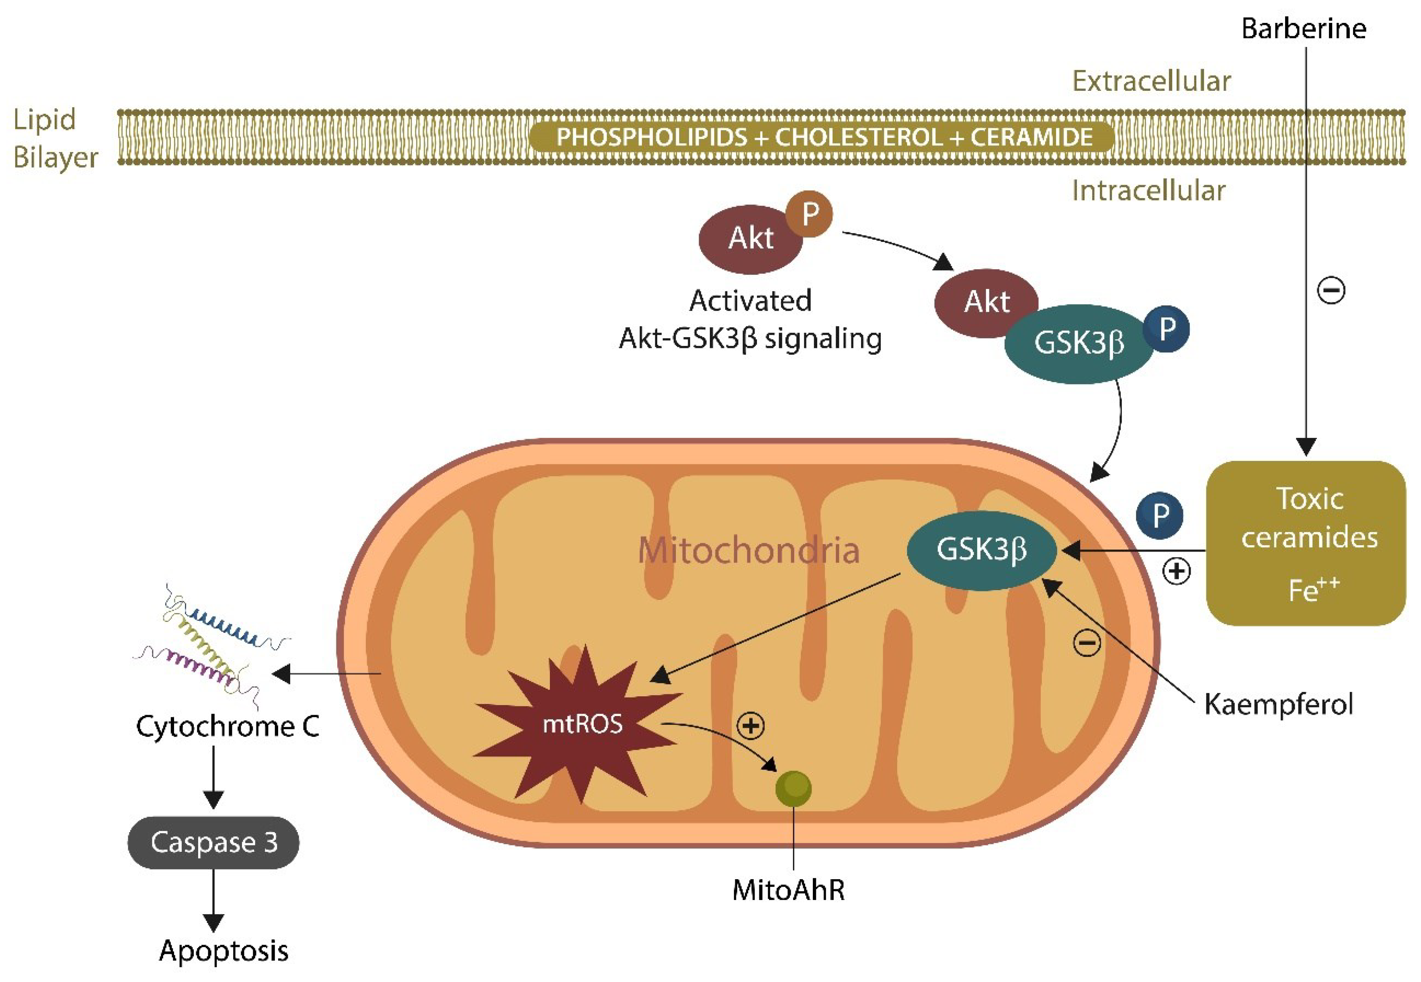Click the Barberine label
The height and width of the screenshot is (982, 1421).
pyautogui.click(x=1304, y=29)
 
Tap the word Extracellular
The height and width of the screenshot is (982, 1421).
pyautogui.click(x=1151, y=81)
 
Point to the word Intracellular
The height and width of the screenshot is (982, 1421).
pyautogui.click(x=1148, y=191)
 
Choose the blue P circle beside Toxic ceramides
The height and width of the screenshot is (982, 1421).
pyautogui.click(x=1159, y=515)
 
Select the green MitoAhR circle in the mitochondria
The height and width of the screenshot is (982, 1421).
pyautogui.click(x=793, y=788)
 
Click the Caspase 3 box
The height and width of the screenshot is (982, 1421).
pyautogui.click(x=213, y=842)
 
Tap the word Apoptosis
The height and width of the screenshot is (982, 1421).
pyautogui.click(x=224, y=951)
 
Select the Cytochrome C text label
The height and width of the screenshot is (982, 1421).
pyautogui.click(x=227, y=726)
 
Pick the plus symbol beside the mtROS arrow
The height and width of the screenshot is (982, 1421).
pyautogui.click(x=750, y=726)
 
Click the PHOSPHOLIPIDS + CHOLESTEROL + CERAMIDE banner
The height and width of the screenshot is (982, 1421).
pyautogui.click(x=823, y=137)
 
